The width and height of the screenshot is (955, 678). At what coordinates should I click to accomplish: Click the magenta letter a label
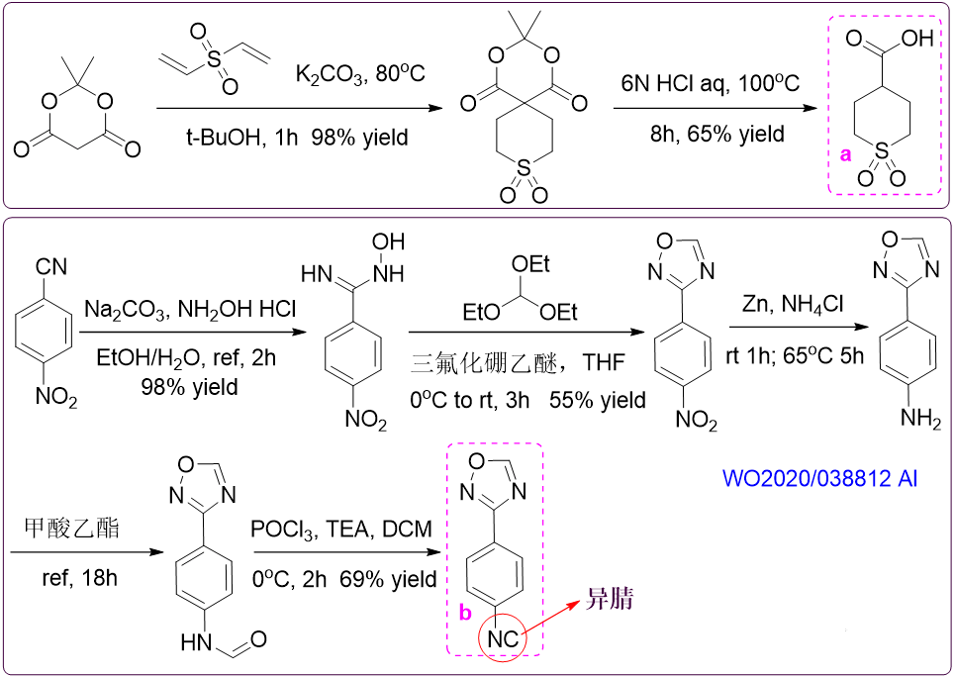click(x=845, y=154)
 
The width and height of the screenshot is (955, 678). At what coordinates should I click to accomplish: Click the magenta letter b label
click(x=465, y=613)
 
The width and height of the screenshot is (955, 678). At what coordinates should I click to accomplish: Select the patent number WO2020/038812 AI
click(x=819, y=478)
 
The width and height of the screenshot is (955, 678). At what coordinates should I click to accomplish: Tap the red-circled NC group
click(x=503, y=638)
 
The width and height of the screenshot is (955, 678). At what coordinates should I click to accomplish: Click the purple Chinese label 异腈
click(x=609, y=599)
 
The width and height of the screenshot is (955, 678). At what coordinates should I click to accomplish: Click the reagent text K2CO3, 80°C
click(x=360, y=74)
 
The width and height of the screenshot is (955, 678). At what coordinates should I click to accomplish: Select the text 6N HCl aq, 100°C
click(x=711, y=83)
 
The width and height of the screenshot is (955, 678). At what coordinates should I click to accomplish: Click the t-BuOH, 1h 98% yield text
click(x=297, y=137)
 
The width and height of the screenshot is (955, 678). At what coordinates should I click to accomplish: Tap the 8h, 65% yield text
click(x=716, y=134)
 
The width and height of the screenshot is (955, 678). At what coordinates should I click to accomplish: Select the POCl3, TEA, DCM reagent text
click(x=341, y=530)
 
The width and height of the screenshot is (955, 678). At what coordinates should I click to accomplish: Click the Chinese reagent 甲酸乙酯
click(x=72, y=527)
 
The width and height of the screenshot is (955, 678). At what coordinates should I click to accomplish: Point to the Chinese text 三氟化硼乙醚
click(x=484, y=363)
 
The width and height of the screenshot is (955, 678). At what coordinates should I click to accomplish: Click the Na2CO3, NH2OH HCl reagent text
click(x=190, y=310)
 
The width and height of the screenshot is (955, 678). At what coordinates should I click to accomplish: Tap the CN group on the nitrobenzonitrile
click(x=51, y=267)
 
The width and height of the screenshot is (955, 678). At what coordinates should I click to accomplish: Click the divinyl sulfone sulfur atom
click(x=213, y=58)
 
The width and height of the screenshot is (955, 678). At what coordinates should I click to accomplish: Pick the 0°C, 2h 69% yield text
click(x=344, y=579)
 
